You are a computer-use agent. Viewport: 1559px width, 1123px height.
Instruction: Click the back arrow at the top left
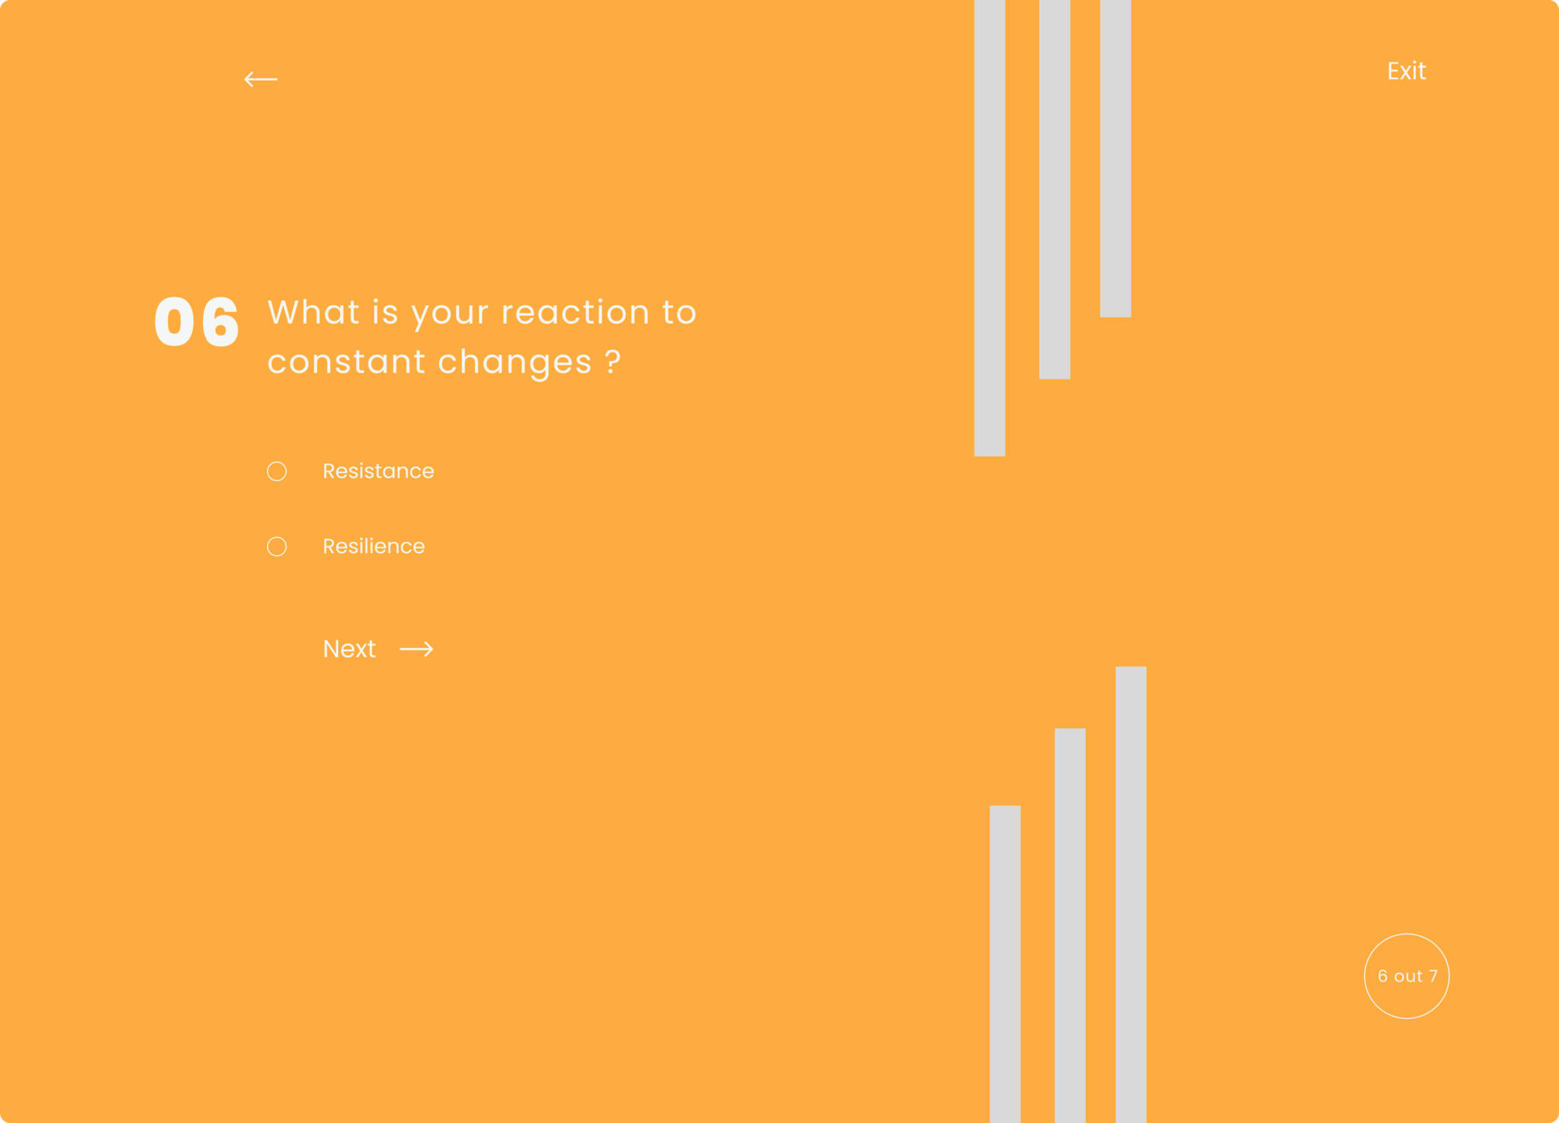coord(260,79)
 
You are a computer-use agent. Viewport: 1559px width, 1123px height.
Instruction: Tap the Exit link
coord(1406,71)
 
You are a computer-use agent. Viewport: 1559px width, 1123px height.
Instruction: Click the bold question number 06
coord(197,322)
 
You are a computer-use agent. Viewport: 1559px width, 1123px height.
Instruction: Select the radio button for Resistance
coord(277,472)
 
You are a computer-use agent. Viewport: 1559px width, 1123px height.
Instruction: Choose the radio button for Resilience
coord(277,547)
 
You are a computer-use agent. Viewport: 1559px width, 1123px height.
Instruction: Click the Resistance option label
coord(378,471)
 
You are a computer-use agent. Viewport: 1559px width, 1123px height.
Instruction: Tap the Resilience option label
coord(374,546)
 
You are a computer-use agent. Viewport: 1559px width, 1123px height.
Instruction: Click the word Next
coord(349,649)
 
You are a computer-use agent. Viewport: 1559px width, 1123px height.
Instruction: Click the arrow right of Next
coord(416,649)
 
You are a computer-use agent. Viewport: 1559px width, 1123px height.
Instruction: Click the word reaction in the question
coord(575,313)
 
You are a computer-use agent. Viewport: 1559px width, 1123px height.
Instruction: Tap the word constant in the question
coord(346,362)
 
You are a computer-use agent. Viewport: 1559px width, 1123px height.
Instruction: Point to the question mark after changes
coord(613,361)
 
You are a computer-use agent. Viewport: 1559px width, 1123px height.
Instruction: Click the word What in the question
coord(314,312)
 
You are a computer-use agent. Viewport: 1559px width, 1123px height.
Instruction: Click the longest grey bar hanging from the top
coord(990,228)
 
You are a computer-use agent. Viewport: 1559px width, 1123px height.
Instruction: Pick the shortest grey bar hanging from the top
coord(1115,158)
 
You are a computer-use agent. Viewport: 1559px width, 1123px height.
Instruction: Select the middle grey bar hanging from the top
coord(1054,189)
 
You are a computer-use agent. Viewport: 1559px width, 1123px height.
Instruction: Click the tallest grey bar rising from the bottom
coord(1131,895)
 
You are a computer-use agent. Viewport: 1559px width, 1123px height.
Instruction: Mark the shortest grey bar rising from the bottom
coord(1005,964)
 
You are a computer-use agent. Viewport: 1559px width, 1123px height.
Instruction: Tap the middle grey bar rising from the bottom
coord(1070,925)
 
